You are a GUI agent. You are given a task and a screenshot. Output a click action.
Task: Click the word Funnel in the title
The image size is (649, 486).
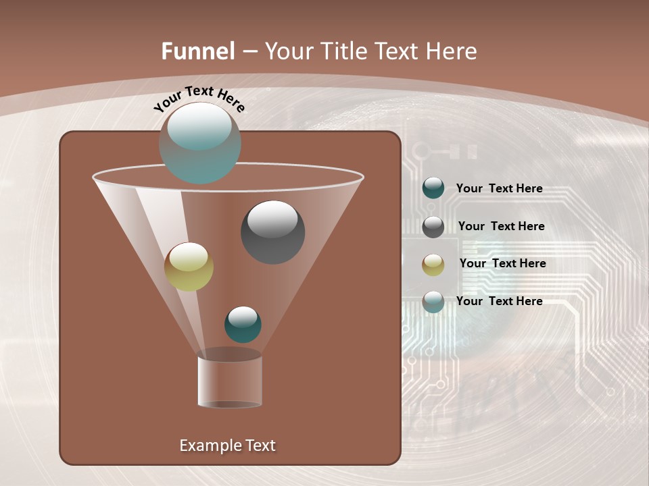[x=197, y=51]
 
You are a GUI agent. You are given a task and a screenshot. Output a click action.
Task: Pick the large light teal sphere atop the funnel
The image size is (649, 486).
[x=200, y=142]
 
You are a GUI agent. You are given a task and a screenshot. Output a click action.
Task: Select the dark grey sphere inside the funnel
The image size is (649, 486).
[x=273, y=232]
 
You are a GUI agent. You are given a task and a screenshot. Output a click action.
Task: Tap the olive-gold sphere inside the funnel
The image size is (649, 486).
[x=189, y=267]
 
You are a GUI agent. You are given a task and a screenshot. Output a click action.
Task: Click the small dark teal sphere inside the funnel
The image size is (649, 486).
[x=243, y=324]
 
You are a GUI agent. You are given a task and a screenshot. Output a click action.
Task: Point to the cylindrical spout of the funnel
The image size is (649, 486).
[x=230, y=381]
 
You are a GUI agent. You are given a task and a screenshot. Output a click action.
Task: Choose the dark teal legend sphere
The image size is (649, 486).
[x=433, y=188]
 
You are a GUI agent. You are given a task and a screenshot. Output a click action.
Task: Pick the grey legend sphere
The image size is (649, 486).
[x=433, y=227]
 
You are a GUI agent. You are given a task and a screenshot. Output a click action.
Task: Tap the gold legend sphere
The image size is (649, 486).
[x=433, y=265]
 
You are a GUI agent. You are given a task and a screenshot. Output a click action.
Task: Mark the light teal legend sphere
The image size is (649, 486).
[x=433, y=302]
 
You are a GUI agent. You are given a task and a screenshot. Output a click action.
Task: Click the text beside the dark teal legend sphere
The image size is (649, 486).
[x=499, y=188]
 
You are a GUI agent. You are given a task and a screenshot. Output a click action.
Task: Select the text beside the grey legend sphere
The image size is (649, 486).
[x=501, y=226]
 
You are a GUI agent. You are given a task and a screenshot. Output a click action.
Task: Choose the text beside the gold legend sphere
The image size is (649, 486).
[x=502, y=263]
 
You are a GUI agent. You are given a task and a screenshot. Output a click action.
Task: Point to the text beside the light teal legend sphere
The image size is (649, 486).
[x=499, y=301]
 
